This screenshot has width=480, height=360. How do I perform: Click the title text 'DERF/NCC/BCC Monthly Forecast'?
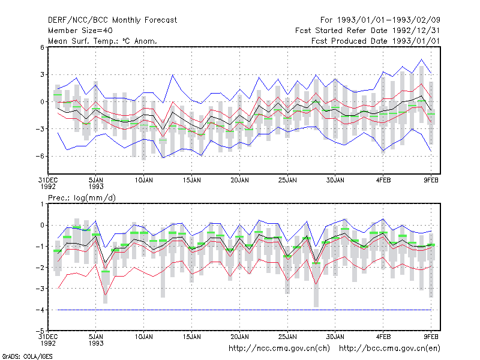coord(112,20)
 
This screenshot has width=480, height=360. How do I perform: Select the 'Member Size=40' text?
coord(80,31)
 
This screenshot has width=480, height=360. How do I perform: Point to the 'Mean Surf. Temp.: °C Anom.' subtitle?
coord(103,41)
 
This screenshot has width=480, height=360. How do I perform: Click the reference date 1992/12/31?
coord(416,31)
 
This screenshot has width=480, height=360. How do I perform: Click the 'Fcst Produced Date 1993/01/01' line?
coord(376,41)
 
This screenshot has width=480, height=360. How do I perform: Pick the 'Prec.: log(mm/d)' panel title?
coord(82,198)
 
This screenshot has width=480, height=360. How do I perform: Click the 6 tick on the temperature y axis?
coord(42,47)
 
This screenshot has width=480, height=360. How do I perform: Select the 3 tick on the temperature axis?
coord(42,74)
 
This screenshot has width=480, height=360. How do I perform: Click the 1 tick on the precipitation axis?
coord(42,204)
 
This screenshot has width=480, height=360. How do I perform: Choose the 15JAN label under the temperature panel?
coord(192,181)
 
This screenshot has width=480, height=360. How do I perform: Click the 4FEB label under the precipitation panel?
coord(383,337)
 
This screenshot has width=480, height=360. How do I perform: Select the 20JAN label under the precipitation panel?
coord(239,337)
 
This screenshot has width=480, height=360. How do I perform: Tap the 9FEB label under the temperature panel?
coord(431,181)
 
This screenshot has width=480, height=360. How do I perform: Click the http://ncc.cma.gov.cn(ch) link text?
coord(279,349)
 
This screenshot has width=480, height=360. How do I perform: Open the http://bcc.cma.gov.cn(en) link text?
coord(389,349)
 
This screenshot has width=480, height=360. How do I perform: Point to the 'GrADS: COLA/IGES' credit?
coord(27,356)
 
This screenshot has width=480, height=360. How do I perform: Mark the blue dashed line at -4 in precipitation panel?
coord(244,310)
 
